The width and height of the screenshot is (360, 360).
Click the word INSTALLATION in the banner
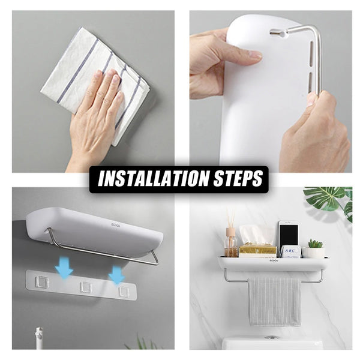coord(148,179)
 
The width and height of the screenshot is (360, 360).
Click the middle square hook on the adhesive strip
coord(86,286)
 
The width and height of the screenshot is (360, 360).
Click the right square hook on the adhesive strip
coord(124,290)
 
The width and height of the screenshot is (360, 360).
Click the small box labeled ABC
coord(291,251)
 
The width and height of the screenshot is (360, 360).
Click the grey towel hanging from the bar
coord(275,300)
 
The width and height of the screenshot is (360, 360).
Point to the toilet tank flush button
coord(272,338)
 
